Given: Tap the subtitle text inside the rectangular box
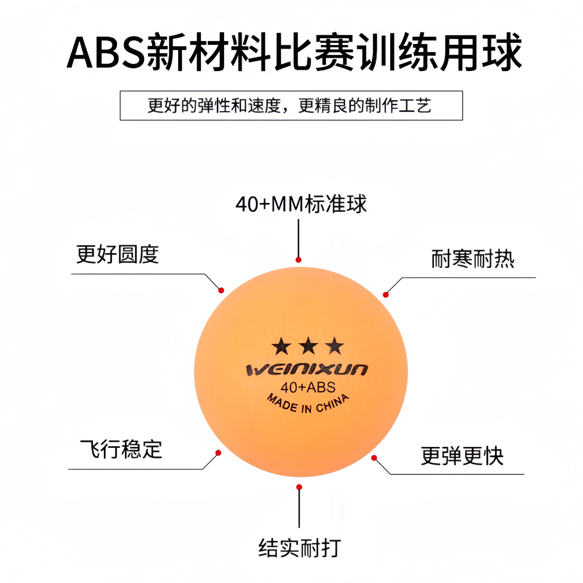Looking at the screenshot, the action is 289,105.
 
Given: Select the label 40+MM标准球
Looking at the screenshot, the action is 301,204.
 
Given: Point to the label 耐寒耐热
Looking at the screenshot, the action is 472,259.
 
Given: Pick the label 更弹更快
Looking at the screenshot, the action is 462,455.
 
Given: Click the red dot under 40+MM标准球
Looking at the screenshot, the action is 298,260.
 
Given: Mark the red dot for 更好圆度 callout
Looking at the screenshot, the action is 221,291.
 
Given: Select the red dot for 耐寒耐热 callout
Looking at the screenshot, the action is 386,295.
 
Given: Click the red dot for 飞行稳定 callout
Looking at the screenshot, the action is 218,453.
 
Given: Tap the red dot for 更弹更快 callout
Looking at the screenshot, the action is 374,458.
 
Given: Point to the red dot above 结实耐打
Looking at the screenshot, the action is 299,487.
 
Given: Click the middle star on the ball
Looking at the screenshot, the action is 308,346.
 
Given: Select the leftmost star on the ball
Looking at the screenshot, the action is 281,346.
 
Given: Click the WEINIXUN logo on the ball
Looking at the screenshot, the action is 307,370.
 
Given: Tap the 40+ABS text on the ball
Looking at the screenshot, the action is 308,387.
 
